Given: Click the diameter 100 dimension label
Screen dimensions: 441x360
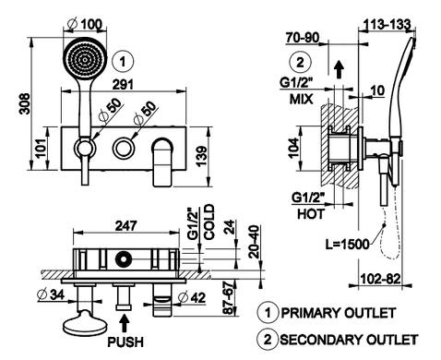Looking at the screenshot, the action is click(x=85, y=24).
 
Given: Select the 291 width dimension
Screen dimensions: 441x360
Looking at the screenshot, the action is click(x=123, y=85).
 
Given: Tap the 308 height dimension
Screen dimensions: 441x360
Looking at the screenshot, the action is click(x=25, y=104).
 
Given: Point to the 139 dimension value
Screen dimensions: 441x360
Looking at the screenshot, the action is click(x=201, y=156).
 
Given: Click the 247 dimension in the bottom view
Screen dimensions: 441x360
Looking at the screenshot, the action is click(x=126, y=226).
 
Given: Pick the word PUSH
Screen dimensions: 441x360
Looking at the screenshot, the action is click(x=125, y=342).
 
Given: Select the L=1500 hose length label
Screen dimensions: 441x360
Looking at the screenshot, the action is click(x=347, y=245).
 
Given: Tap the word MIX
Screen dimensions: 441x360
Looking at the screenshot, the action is click(x=302, y=99).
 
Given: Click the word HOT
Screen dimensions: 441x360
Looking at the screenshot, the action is click(x=311, y=214).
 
